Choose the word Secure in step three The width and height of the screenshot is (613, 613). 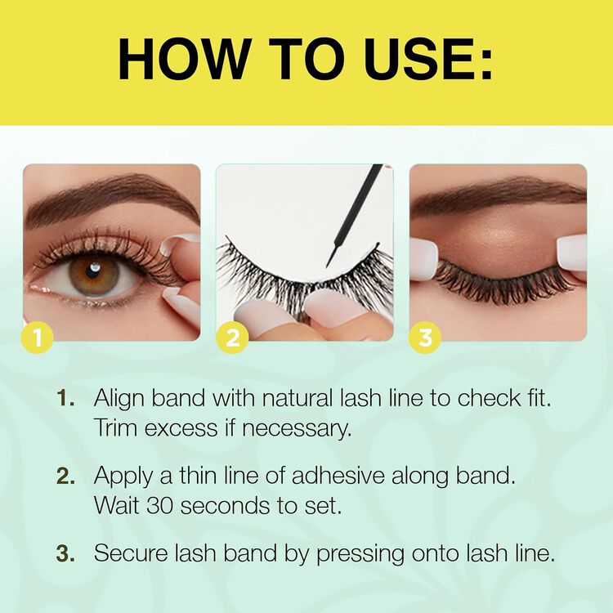pyautogui.click(x=129, y=553)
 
